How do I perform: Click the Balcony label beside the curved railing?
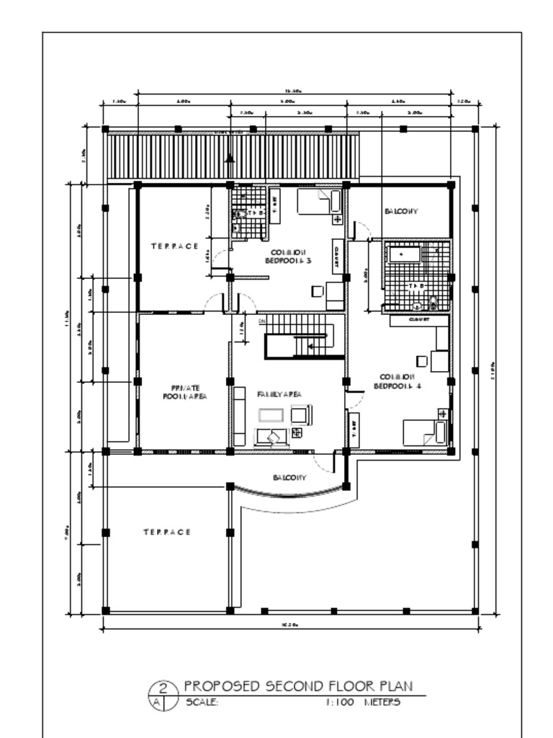pos(289,478)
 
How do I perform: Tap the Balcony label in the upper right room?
pos(400,211)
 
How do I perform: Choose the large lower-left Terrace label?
pos(166,532)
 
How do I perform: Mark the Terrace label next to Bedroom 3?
pos(174,246)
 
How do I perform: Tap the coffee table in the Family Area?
pos(273,416)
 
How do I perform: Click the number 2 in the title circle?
pos(163,688)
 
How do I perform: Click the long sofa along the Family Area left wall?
pos(239,416)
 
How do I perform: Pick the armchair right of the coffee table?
pos(300,414)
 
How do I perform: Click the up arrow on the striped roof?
pos(230,158)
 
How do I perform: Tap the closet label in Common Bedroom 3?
pos(336,256)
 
